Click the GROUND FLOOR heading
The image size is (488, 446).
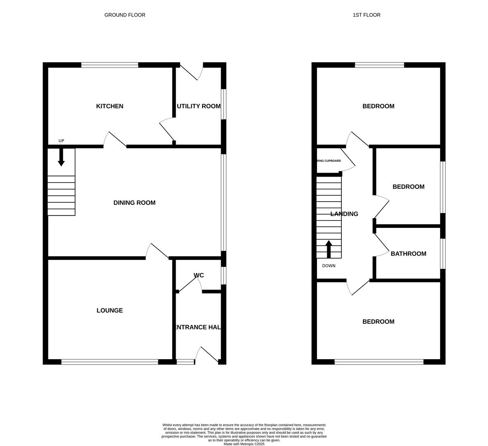pyautogui.click(x=125, y=15)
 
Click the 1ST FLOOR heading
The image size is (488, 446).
pyautogui.click(x=367, y=15)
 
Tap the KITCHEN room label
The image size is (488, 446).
pyautogui.click(x=110, y=106)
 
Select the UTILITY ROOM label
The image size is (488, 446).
pyautogui.click(x=199, y=106)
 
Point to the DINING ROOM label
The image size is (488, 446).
pyautogui.click(x=134, y=203)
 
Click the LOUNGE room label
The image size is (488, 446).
pyautogui.click(x=110, y=311)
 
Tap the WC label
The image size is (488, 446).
pyautogui.click(x=199, y=275)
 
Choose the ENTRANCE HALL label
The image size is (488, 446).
pyautogui.click(x=198, y=327)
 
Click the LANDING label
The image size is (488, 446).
pyautogui.click(x=344, y=214)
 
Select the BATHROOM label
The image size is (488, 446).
pyautogui.click(x=408, y=254)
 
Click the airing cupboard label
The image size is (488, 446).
pyautogui.click(x=329, y=161)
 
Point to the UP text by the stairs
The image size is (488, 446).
pyautogui.click(x=61, y=141)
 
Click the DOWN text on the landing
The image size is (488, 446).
pyautogui.click(x=329, y=266)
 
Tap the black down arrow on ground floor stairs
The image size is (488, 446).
pyautogui.click(x=61, y=158)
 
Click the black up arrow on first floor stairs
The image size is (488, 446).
pyautogui.click(x=329, y=249)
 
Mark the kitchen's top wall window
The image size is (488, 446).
pyautogui.click(x=110, y=65)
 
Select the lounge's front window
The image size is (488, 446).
pyautogui.click(x=110, y=362)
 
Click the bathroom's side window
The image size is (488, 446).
pyautogui.click(x=443, y=254)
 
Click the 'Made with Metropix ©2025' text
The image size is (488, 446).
pyautogui.click(x=244, y=444)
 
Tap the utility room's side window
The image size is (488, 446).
pyautogui.click(x=224, y=104)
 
